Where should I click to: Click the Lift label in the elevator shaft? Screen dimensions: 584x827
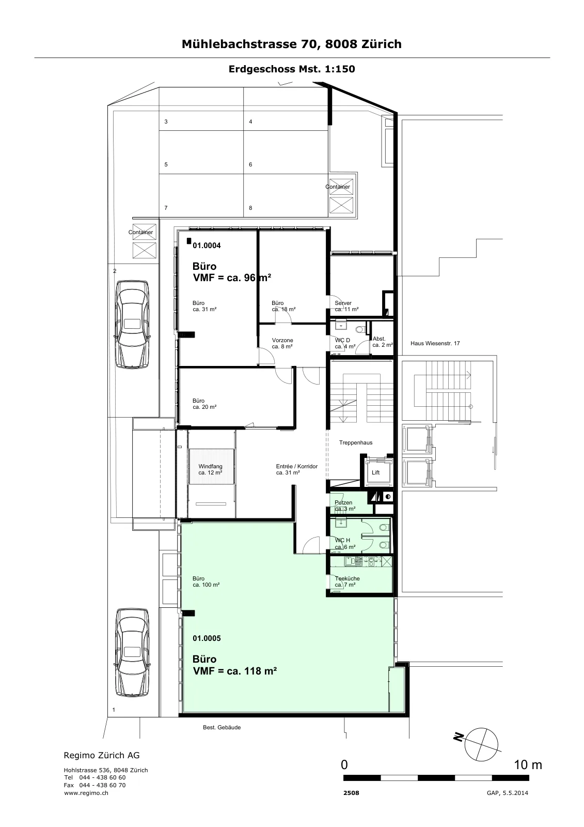pos(375,472)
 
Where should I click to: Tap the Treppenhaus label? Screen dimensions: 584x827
pos(356,442)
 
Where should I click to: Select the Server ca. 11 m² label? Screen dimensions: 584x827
pos(346,306)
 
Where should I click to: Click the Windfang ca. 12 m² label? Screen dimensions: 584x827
pos(210,469)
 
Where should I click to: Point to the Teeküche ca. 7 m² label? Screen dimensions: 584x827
pos(347,581)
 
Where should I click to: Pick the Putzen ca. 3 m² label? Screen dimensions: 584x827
pos(345,506)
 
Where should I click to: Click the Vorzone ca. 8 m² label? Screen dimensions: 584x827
pos(282,343)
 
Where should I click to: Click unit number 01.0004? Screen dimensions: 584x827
pos(207,245)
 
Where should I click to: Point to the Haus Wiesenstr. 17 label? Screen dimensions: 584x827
pos(435,343)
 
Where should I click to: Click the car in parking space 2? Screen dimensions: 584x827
pos(132,325)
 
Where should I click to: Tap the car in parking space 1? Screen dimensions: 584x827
pos(132,653)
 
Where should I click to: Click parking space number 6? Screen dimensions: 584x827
pos(250,165)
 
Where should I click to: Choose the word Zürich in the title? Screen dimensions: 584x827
pos(382,44)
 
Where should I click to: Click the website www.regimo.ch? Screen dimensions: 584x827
pos(86,793)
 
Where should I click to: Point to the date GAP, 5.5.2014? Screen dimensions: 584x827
pos(507,793)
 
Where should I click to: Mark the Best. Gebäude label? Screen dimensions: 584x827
pos(222,727)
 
